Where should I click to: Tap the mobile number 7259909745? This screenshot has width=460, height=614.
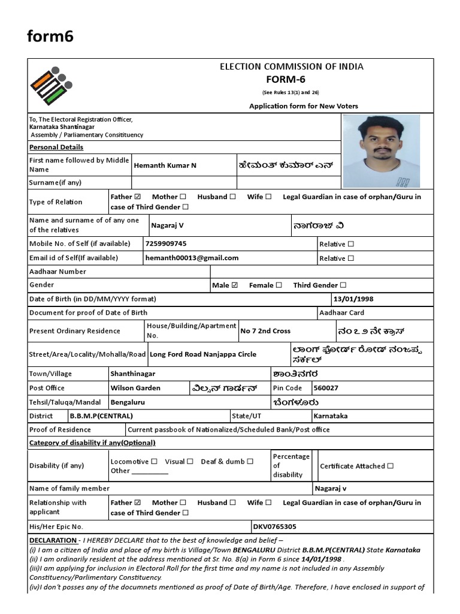[166, 243]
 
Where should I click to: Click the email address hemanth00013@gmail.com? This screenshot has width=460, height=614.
[192, 258]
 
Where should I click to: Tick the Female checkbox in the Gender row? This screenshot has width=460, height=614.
[279, 285]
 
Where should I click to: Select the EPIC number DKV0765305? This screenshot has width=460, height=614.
[275, 527]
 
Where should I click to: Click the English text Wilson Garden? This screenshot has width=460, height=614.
[135, 388]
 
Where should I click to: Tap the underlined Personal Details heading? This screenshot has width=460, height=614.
[56, 147]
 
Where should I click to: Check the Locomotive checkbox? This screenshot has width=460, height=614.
[155, 462]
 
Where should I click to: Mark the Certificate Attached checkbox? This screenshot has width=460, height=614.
[391, 466]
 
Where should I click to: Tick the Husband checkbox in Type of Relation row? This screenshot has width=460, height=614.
[232, 197]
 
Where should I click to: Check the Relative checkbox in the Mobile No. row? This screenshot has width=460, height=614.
[351, 244]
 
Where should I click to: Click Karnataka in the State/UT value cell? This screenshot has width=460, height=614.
[331, 416]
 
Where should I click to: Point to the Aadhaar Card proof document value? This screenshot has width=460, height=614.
[341, 312]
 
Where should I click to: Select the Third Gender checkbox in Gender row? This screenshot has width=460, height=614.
[343, 285]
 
